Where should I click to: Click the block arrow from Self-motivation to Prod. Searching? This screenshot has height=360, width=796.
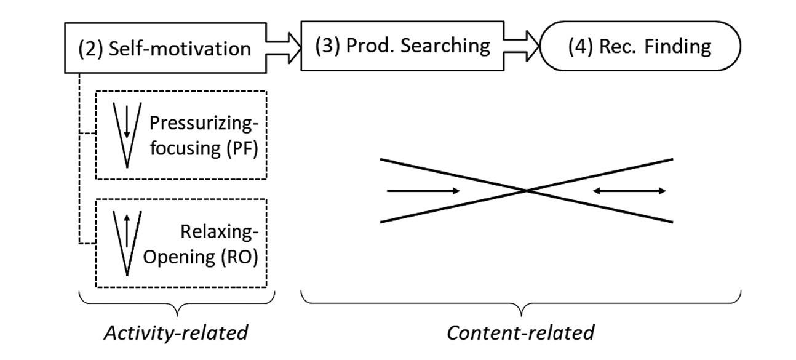(x=284, y=48)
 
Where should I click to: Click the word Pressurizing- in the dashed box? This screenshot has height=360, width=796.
(x=204, y=123)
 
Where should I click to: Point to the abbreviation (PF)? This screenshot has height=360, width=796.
(x=242, y=148)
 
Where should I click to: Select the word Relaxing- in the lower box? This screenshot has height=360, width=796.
(x=219, y=231)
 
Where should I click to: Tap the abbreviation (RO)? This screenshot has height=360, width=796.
(x=239, y=257)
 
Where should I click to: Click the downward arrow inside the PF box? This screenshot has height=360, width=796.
(x=127, y=122)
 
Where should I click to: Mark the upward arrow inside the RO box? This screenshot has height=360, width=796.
(x=127, y=231)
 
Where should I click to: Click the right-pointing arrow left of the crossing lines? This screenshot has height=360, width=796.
(x=423, y=191)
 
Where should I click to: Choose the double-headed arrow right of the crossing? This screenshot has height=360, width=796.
(x=629, y=191)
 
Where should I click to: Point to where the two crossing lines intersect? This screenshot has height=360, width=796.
(x=527, y=191)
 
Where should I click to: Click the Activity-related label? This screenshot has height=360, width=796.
(x=177, y=333)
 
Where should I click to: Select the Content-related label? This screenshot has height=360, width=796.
(x=520, y=333)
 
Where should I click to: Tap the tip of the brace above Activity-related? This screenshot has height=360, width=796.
(x=177, y=316)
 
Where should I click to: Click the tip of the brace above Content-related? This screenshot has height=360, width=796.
(x=521, y=316)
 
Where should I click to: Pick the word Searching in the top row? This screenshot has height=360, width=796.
(x=445, y=46)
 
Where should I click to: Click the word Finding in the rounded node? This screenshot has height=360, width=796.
(x=678, y=47)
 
